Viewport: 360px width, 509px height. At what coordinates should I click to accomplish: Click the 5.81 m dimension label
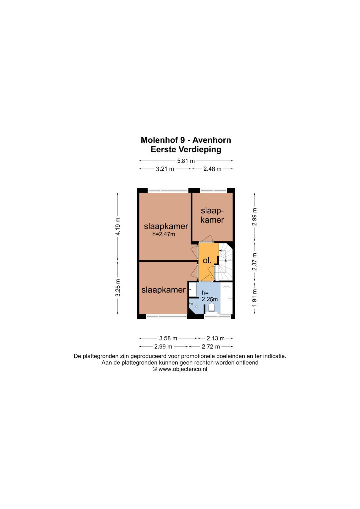click(x=186, y=161)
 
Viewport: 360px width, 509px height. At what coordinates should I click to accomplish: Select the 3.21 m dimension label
click(x=165, y=169)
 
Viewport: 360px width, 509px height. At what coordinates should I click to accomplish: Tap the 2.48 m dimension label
click(x=212, y=169)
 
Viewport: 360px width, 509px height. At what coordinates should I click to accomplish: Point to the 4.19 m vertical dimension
click(x=118, y=227)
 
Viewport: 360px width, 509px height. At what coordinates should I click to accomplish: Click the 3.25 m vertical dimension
click(x=118, y=288)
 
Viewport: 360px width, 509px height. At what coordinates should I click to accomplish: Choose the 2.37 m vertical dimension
click(x=255, y=262)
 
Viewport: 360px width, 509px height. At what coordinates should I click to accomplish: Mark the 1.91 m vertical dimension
click(x=255, y=298)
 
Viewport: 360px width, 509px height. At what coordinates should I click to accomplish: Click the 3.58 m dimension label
click(x=168, y=338)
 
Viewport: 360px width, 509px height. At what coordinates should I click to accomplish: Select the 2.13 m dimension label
click(x=215, y=338)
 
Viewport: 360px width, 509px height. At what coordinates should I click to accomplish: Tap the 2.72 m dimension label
click(x=211, y=347)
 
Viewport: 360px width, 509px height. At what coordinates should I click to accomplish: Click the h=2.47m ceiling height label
click(x=164, y=234)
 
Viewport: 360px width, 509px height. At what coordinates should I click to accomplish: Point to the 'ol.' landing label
click(x=207, y=261)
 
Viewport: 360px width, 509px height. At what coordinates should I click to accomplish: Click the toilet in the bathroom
click(x=211, y=307)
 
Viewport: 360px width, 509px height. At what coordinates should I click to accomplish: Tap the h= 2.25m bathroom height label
click(x=210, y=296)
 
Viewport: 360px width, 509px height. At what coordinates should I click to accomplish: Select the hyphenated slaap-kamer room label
click(x=212, y=215)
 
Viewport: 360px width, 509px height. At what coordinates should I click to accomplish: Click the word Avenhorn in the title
click(x=212, y=140)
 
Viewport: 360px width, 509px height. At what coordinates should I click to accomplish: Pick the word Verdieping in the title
click(x=200, y=150)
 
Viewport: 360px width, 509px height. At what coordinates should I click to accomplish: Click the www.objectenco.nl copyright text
click(x=183, y=369)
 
